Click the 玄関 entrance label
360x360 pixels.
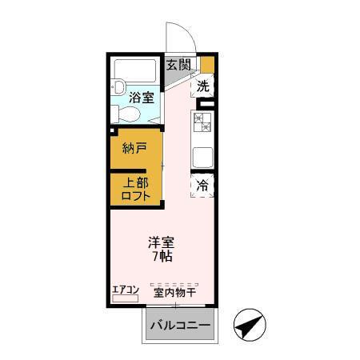coord(178,65)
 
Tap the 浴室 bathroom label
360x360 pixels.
coord(142,98)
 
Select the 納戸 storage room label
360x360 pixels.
coord(134,148)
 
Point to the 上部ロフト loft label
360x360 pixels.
coord(134,190)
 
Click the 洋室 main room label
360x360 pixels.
coord(161,242)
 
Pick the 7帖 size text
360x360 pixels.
coord(161,257)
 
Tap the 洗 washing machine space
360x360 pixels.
coord(204,85)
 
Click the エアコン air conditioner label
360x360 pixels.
coord(126,290)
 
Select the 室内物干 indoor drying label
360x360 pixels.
coord(175,291)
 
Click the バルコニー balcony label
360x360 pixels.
coord(180,326)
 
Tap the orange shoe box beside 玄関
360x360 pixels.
coord(207,64)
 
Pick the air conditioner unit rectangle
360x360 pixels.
coord(126,298)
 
